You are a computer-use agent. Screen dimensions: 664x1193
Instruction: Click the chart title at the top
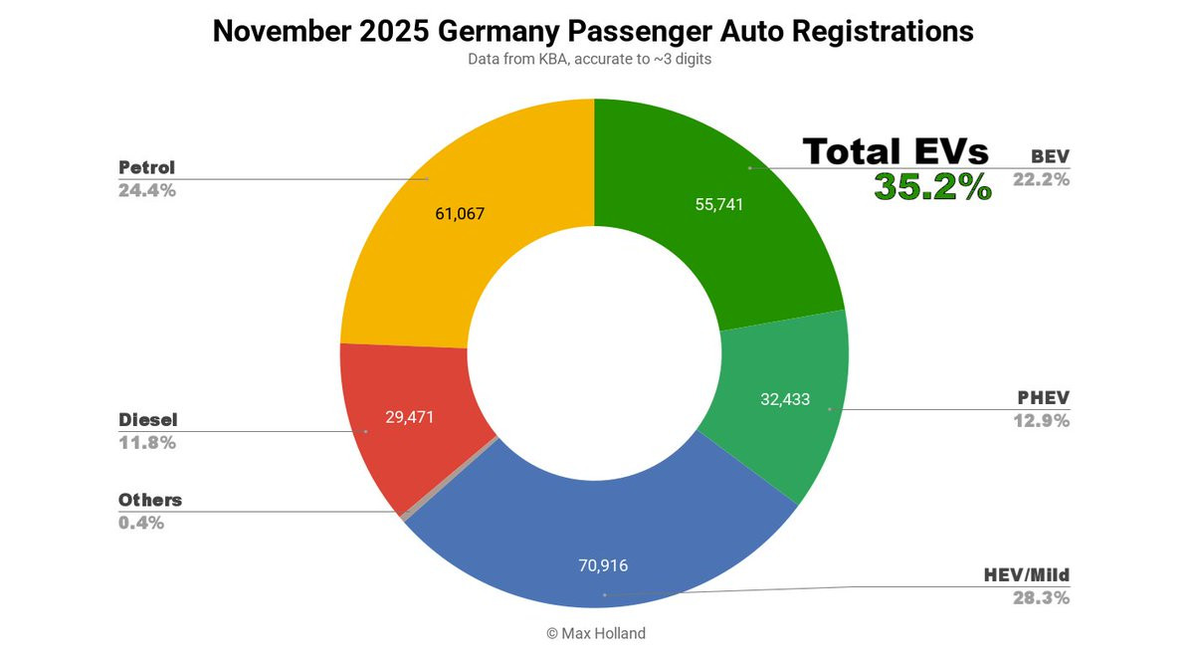(x=593, y=31)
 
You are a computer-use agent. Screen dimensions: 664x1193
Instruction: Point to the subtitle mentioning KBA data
(x=591, y=59)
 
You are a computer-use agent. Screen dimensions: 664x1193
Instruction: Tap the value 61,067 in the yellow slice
(x=460, y=213)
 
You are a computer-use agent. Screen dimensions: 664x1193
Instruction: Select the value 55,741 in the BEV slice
(x=719, y=204)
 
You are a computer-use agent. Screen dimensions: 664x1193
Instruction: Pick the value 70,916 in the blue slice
(x=603, y=565)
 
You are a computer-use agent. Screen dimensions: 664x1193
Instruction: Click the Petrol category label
(x=146, y=167)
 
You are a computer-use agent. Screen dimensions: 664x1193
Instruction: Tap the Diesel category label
(x=147, y=420)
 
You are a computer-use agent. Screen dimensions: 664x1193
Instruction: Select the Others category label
(x=150, y=500)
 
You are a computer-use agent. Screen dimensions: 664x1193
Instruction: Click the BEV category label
(x=1050, y=156)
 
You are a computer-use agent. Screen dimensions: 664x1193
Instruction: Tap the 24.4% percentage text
(x=147, y=190)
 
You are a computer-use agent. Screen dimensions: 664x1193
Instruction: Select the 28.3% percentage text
(x=1041, y=598)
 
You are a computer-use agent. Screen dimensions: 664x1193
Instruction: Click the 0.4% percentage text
(x=141, y=523)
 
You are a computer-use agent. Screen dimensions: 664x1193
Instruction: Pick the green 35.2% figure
(x=932, y=186)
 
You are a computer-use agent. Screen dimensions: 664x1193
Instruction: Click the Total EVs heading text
(x=895, y=151)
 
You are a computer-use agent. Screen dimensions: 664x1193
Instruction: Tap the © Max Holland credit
(x=596, y=633)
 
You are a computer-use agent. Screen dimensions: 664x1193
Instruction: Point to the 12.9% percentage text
(x=1041, y=421)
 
